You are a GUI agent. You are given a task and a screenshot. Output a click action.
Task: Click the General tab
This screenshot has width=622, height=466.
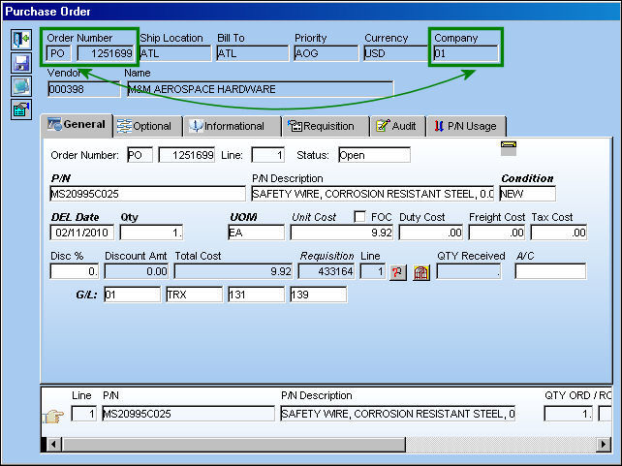coord(77,125)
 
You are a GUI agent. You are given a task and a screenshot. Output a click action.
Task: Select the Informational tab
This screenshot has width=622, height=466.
coord(233,127)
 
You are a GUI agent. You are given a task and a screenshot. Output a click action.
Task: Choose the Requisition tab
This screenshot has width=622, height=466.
coord(326,127)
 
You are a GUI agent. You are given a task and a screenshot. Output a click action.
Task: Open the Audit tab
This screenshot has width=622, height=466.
coord(398,127)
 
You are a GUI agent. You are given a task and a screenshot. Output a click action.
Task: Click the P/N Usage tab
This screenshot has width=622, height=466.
coord(466,127)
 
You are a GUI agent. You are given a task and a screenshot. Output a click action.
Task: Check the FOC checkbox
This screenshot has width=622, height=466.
coord(359,217)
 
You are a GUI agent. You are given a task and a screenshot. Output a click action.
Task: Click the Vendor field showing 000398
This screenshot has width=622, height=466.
coord(83,89)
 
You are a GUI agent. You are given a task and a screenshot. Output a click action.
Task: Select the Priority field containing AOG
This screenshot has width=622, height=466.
coord(327,53)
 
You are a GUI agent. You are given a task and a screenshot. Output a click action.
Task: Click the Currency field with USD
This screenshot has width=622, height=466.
coord(396,53)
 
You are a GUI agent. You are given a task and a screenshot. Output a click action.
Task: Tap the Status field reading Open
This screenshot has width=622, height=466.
coord(374,155)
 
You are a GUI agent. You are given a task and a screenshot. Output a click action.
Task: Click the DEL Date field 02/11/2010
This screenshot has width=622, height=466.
coord(82,233)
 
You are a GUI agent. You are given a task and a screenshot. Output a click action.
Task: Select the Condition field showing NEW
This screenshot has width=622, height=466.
coord(528,194)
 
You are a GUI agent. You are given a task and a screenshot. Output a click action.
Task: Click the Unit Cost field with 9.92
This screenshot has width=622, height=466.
coord(342,233)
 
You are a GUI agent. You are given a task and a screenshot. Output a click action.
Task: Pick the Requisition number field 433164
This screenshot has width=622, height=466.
coord(327,271)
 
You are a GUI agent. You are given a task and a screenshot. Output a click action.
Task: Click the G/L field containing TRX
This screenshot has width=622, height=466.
coord(195,295)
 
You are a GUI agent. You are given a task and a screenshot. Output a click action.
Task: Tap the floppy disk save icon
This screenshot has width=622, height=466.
coord(21,63)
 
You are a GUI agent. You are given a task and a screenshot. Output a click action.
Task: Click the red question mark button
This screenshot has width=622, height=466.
coord(397,272)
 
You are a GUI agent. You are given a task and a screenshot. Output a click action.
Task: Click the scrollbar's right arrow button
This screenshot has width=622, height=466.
coord(604,444)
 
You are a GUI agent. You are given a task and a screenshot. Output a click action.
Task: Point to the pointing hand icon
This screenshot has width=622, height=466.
coord(53,416)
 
